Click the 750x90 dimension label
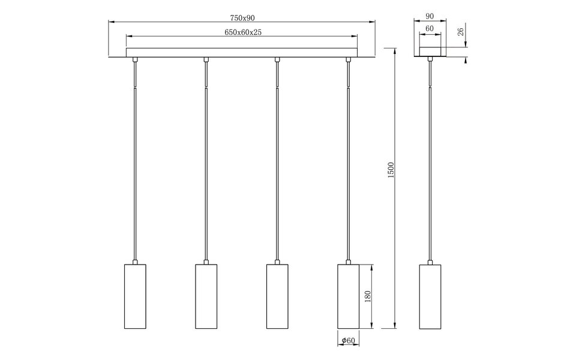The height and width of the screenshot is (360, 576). point(242,18)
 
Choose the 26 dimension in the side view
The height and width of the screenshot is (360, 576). point(461,32)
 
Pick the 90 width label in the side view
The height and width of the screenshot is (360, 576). point(430,17)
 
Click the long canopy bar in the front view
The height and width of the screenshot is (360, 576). point(242,53)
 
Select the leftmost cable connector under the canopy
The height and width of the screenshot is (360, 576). point(134,59)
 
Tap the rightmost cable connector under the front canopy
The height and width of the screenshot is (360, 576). point(347,59)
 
